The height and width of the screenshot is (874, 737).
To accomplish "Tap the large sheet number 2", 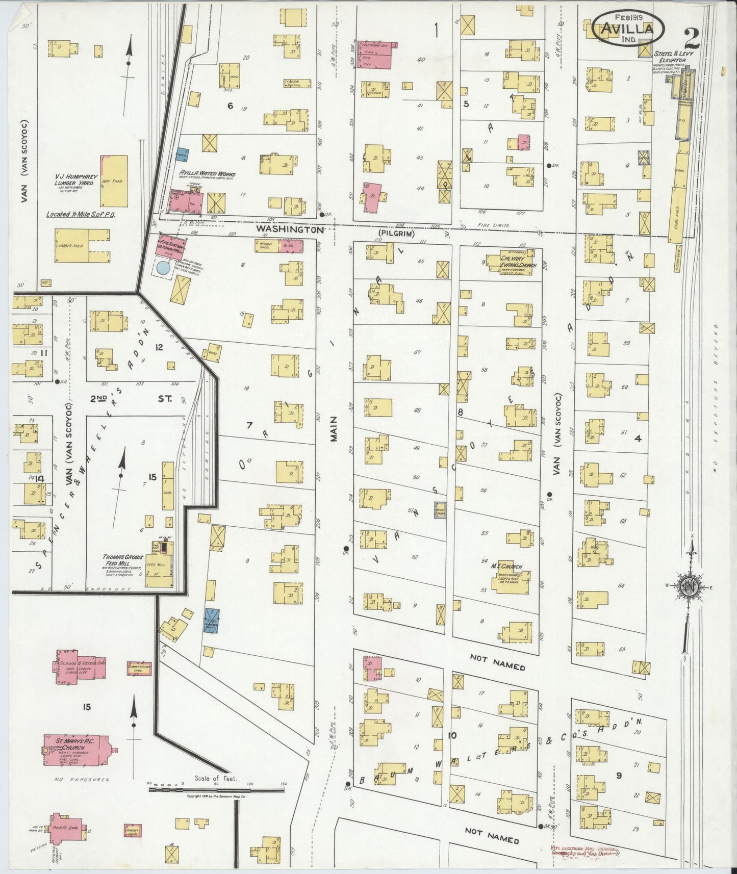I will coord(692,39).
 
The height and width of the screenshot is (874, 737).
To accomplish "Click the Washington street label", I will coord(290,229).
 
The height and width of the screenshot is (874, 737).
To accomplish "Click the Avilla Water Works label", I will coord(207,174).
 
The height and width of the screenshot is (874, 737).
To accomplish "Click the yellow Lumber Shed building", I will coord(82,245).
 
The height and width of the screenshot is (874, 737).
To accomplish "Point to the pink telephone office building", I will coord(376,55).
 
